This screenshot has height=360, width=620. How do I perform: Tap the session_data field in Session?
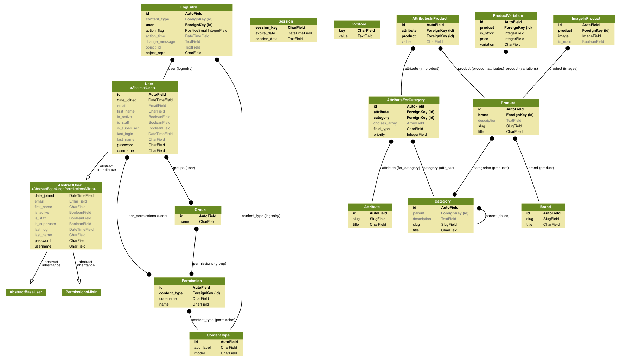tap(266, 39)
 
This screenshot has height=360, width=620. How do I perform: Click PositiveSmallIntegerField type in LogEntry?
tap(206, 31)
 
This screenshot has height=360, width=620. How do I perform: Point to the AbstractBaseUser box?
tap(26, 292)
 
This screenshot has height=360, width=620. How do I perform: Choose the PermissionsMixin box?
tap(81, 292)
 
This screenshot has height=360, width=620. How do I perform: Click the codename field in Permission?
tap(168, 299)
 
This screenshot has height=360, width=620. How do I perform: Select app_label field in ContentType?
tap(202, 348)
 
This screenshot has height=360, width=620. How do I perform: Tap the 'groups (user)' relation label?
tap(184, 168)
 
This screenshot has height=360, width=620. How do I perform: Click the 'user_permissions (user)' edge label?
tap(146, 216)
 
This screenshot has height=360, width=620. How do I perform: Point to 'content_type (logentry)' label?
tap(261, 216)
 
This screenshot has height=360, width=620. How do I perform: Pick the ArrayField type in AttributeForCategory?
tap(415, 123)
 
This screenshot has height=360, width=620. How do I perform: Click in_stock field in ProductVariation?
tap(487, 33)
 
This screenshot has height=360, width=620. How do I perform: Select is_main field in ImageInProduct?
tap(564, 42)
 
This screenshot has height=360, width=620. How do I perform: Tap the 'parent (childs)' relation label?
tap(497, 216)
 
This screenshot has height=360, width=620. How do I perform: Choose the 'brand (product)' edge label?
tap(541, 168)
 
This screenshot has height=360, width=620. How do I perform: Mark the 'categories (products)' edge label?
tap(491, 168)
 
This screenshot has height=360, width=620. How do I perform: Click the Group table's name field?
tap(184, 222)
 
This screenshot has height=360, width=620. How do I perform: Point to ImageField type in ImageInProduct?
tap(591, 36)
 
